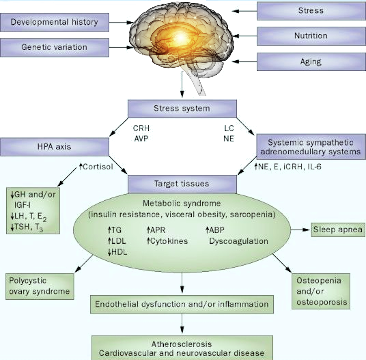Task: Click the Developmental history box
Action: pyautogui.click(x=54, y=22)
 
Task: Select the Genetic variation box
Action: pyautogui.click(x=54, y=47)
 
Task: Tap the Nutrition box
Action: pyautogui.click(x=311, y=36)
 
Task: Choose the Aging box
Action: pyautogui.click(x=311, y=62)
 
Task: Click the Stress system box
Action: pyautogui.click(x=182, y=109)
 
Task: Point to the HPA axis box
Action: pyautogui.click(x=54, y=147)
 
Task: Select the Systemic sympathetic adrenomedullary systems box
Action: pyautogui.click(x=311, y=147)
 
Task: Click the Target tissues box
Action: pyautogui.click(x=182, y=184)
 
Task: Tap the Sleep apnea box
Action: pyautogui.click(x=338, y=230)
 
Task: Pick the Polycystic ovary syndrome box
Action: pyautogui.click(x=40, y=286)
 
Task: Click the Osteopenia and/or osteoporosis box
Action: pyautogui.click(x=321, y=291)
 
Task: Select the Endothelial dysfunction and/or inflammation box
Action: pyautogui.click(x=182, y=304)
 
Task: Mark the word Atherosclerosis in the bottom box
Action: pyautogui.click(x=182, y=344)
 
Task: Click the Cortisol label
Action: pyautogui.click(x=98, y=167)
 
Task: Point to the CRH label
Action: pyautogui.click(x=141, y=128)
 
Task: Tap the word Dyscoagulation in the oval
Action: pyautogui.click(x=238, y=241)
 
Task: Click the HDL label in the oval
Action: pyautogui.click(x=119, y=252)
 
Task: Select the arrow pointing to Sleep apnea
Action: pyautogui.click(x=300, y=230)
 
